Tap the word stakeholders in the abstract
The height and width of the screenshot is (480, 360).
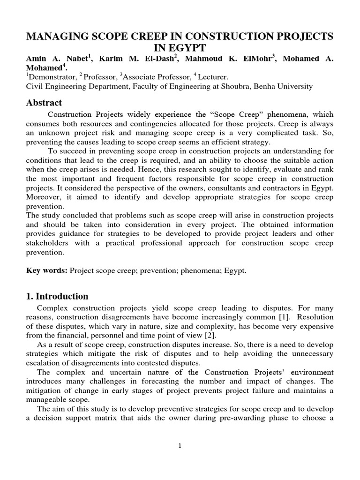[48, 243]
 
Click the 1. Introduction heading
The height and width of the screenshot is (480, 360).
[57, 296]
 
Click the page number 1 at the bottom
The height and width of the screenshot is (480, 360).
[180, 445]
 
